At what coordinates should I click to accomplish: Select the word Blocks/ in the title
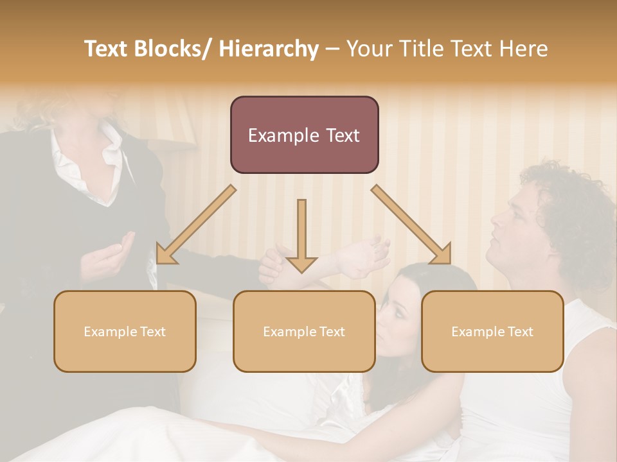click(174, 49)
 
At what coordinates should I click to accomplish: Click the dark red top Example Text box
click(304, 135)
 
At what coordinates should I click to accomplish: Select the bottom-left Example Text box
click(125, 331)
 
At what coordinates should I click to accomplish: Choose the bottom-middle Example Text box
click(304, 331)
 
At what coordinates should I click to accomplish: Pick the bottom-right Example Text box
click(492, 331)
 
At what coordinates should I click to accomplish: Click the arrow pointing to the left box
click(193, 228)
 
